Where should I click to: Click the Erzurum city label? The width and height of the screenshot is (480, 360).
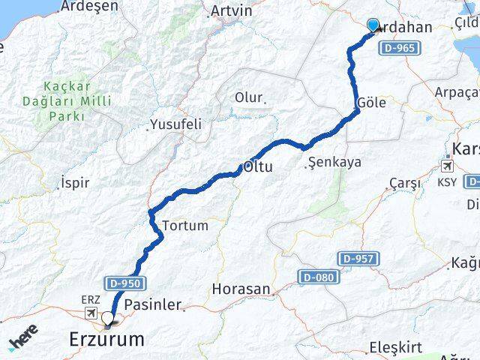point(106,340)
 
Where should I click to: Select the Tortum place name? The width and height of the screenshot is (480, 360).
point(184,225)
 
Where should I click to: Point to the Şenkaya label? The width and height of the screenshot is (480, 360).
point(334,161)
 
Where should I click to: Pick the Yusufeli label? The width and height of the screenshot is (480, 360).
point(175,124)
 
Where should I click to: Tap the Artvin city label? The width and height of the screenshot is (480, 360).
point(232,10)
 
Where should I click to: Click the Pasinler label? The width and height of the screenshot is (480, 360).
point(152,304)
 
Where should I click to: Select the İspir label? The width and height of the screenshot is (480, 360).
point(74,182)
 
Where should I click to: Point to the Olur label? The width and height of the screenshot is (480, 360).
point(249,97)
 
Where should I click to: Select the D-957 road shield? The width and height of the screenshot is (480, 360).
point(356,258)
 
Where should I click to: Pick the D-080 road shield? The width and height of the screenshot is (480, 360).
point(315,277)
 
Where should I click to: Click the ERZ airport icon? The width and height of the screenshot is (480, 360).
point(92,312)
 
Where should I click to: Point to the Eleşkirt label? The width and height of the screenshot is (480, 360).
point(398,348)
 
